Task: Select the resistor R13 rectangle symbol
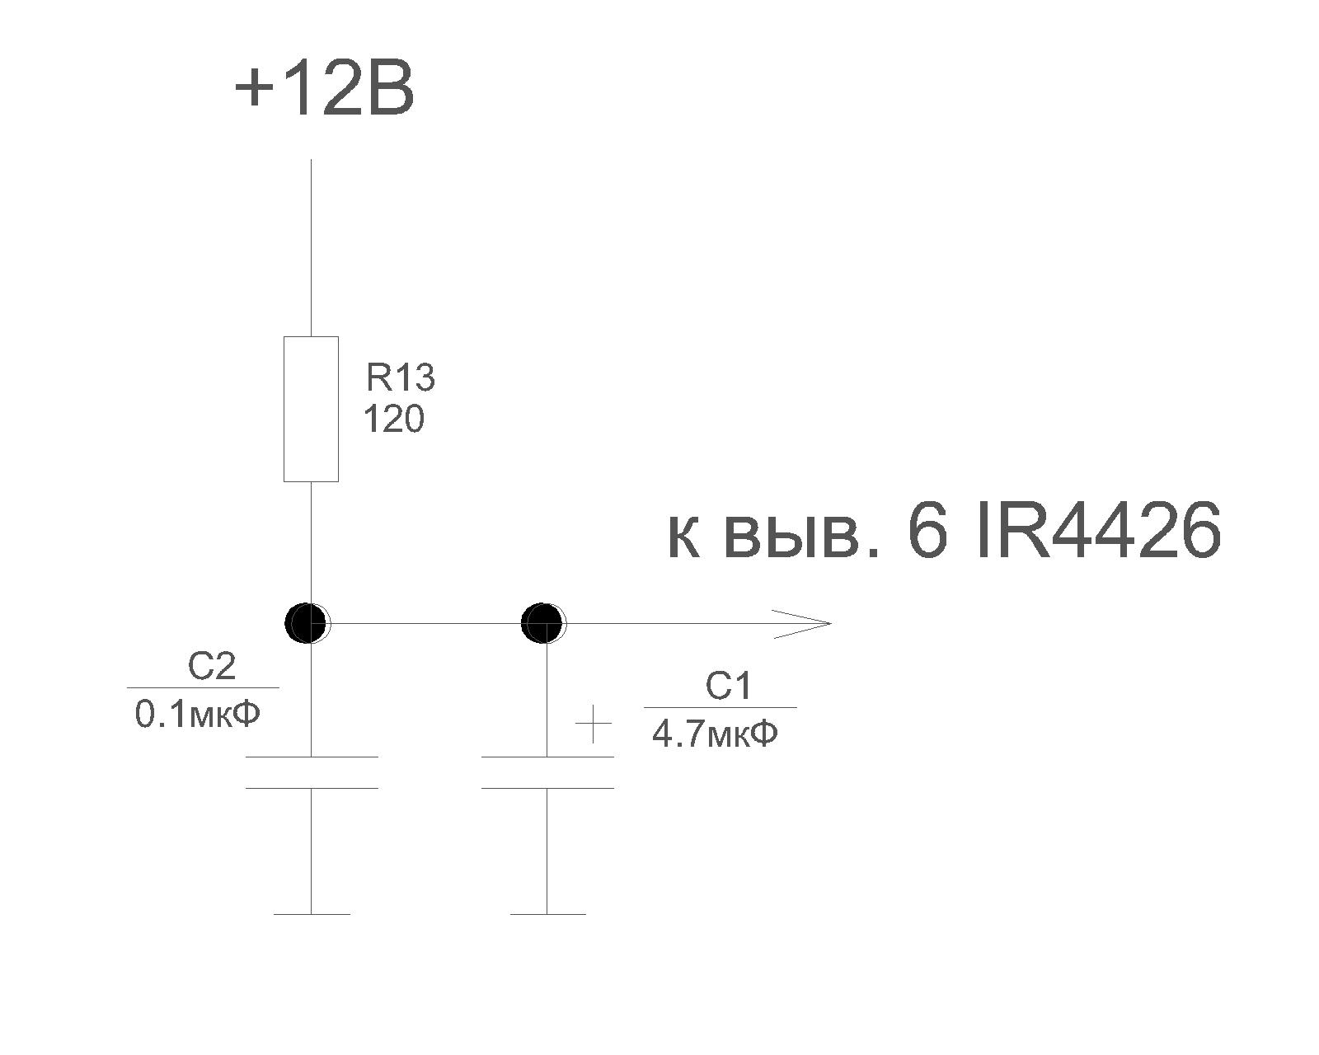(311, 409)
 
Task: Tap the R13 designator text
(401, 379)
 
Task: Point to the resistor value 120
(393, 420)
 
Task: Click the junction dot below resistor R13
(307, 623)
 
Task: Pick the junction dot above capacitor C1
(543, 623)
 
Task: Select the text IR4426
(1096, 532)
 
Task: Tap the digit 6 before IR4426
(928, 532)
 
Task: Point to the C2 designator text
(212, 667)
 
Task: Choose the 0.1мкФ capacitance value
(198, 715)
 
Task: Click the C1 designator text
(729, 687)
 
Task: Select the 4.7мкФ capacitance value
(715, 734)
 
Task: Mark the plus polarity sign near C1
(593, 725)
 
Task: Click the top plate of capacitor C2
(312, 757)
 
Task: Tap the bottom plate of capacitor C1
(547, 788)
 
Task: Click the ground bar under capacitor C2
(312, 913)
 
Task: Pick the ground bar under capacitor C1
(547, 913)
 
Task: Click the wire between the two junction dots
(425, 623)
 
